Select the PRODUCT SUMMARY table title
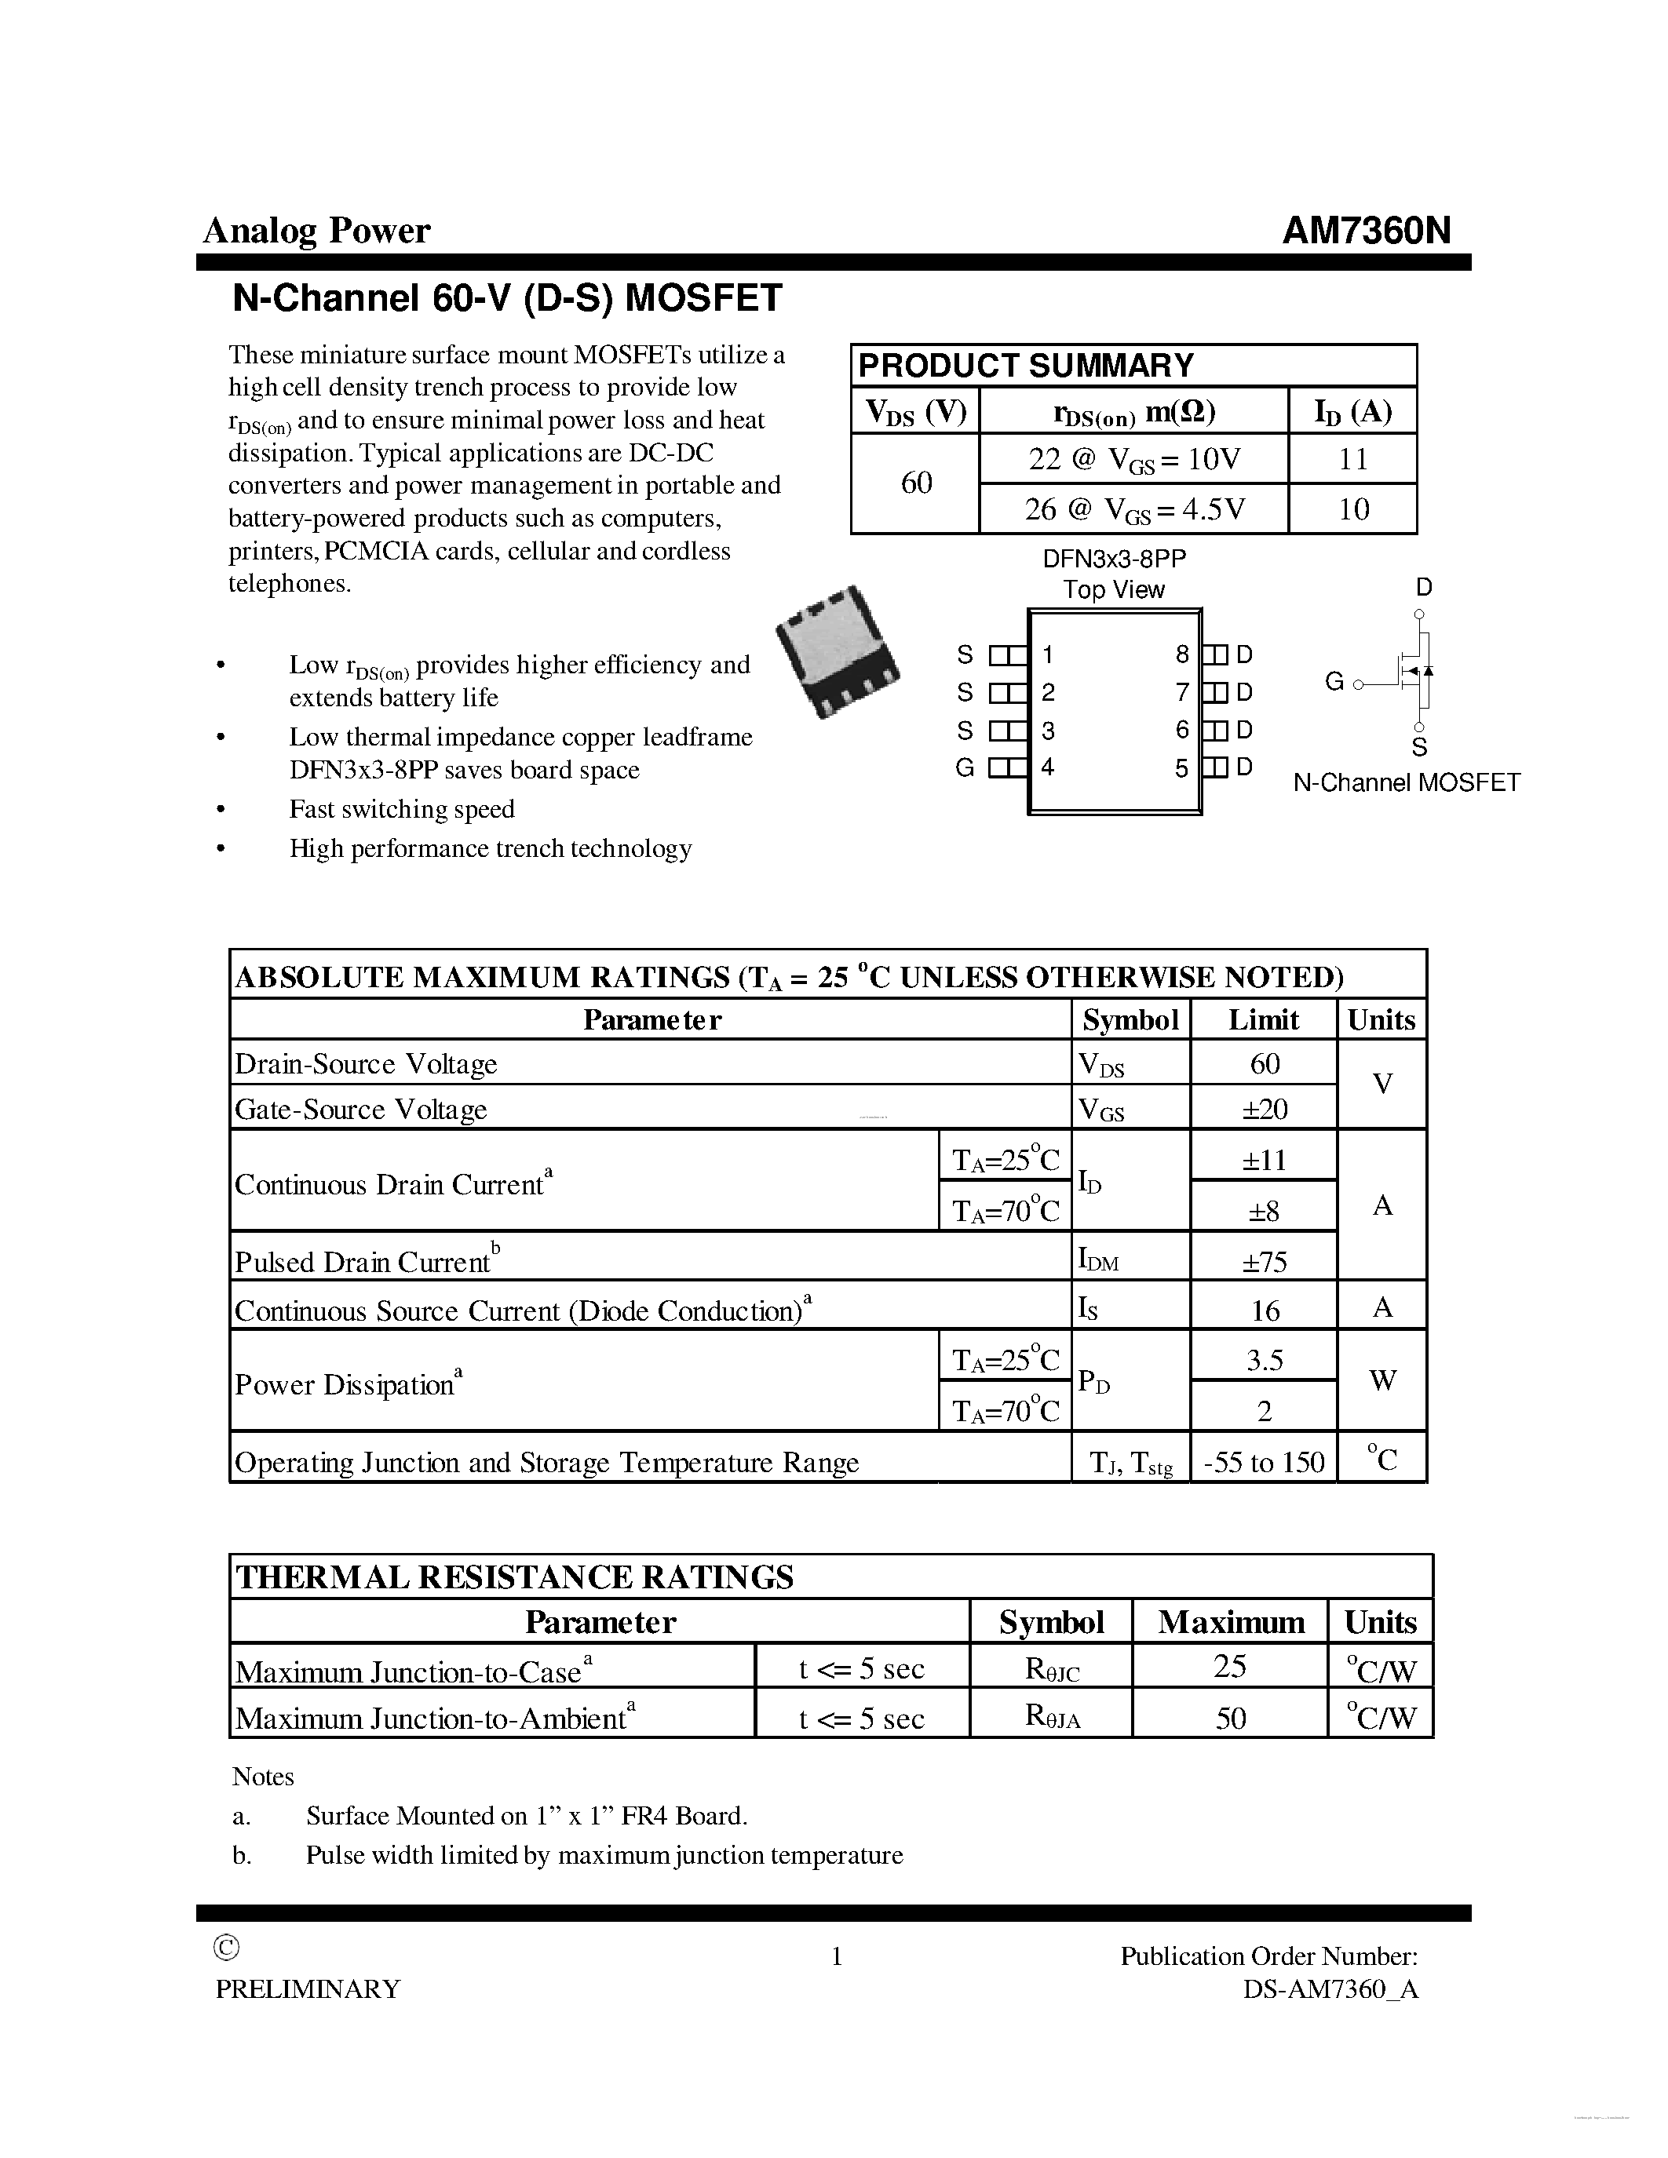click(1026, 366)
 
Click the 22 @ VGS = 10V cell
click(1133, 460)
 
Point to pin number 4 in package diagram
click(1047, 767)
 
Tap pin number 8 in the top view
click(1182, 654)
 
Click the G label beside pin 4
click(965, 767)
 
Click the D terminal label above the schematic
click(1423, 588)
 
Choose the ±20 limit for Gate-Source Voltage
click(1264, 1109)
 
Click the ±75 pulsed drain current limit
click(1264, 1262)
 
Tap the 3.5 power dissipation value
click(1264, 1361)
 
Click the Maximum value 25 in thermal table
click(1229, 1667)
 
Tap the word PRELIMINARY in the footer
click(308, 1989)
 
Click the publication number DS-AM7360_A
click(1330, 1989)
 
